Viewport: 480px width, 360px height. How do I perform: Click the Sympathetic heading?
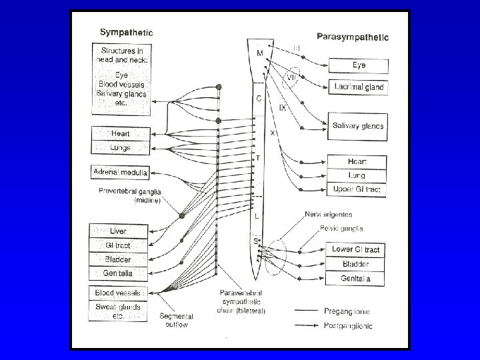point(126,31)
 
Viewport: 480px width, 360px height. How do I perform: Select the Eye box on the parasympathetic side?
point(359,65)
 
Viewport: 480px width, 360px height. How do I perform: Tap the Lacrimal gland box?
point(359,87)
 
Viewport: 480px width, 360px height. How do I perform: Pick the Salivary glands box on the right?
point(359,126)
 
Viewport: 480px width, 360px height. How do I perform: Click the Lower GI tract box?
point(357,249)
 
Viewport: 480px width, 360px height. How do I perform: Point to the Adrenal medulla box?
point(120,173)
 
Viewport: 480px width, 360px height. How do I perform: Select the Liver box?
point(117,231)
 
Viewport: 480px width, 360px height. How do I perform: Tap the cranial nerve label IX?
point(283,107)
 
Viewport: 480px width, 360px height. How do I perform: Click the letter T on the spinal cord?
point(259,159)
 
